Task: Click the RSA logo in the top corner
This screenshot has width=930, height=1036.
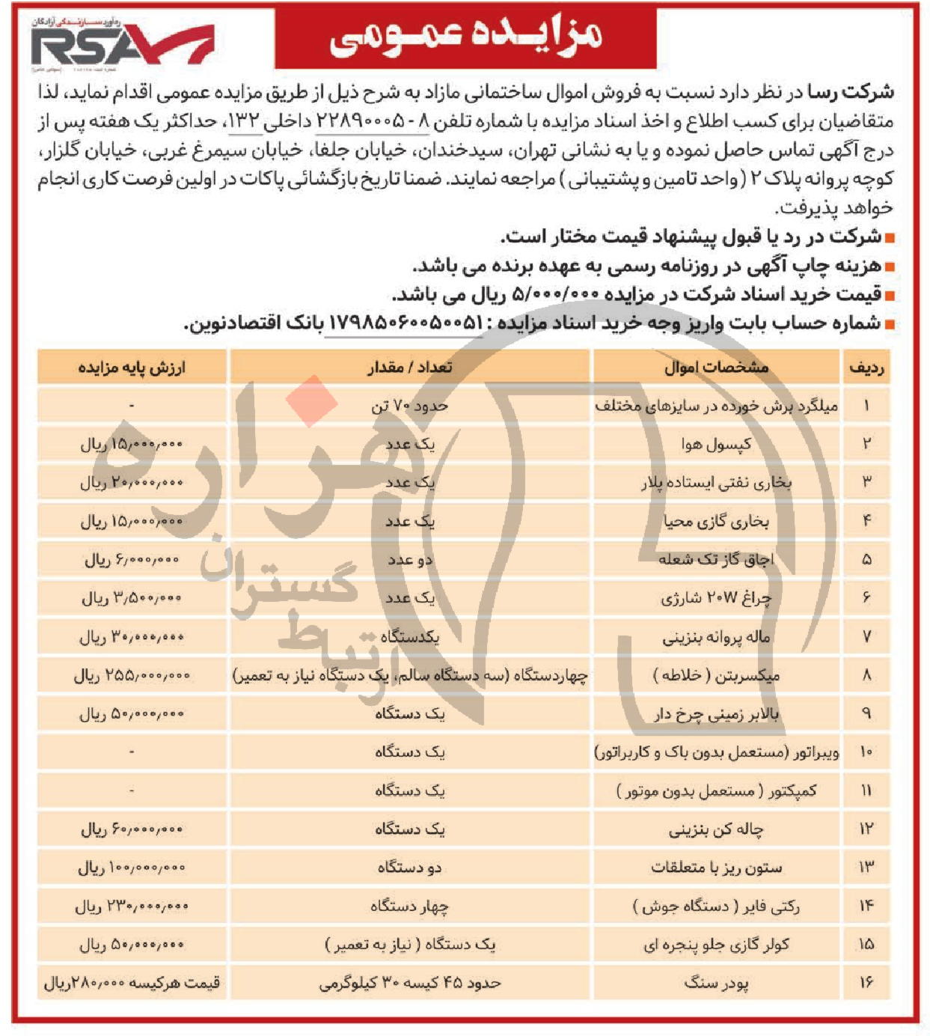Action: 120,45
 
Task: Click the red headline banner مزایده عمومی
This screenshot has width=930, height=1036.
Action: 465,36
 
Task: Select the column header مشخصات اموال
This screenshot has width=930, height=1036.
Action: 716,368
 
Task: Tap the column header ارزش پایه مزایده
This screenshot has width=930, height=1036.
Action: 132,368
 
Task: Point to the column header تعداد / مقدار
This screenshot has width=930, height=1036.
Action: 410,368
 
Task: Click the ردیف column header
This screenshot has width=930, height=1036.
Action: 866,368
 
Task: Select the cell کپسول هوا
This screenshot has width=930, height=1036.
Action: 716,445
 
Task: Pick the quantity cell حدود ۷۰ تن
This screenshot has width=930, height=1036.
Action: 410,406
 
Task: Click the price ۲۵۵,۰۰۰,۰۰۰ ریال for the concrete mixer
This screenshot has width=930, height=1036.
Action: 132,676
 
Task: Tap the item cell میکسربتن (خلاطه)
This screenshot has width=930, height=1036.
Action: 716,676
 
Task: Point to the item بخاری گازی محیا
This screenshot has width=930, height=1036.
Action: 716,522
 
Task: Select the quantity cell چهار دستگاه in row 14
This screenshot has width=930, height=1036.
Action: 410,906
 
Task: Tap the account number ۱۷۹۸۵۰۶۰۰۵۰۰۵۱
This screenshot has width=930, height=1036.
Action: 405,323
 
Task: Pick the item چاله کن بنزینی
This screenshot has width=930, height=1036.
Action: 716,829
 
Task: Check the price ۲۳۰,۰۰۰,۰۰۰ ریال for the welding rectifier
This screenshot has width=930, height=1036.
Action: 132,906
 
